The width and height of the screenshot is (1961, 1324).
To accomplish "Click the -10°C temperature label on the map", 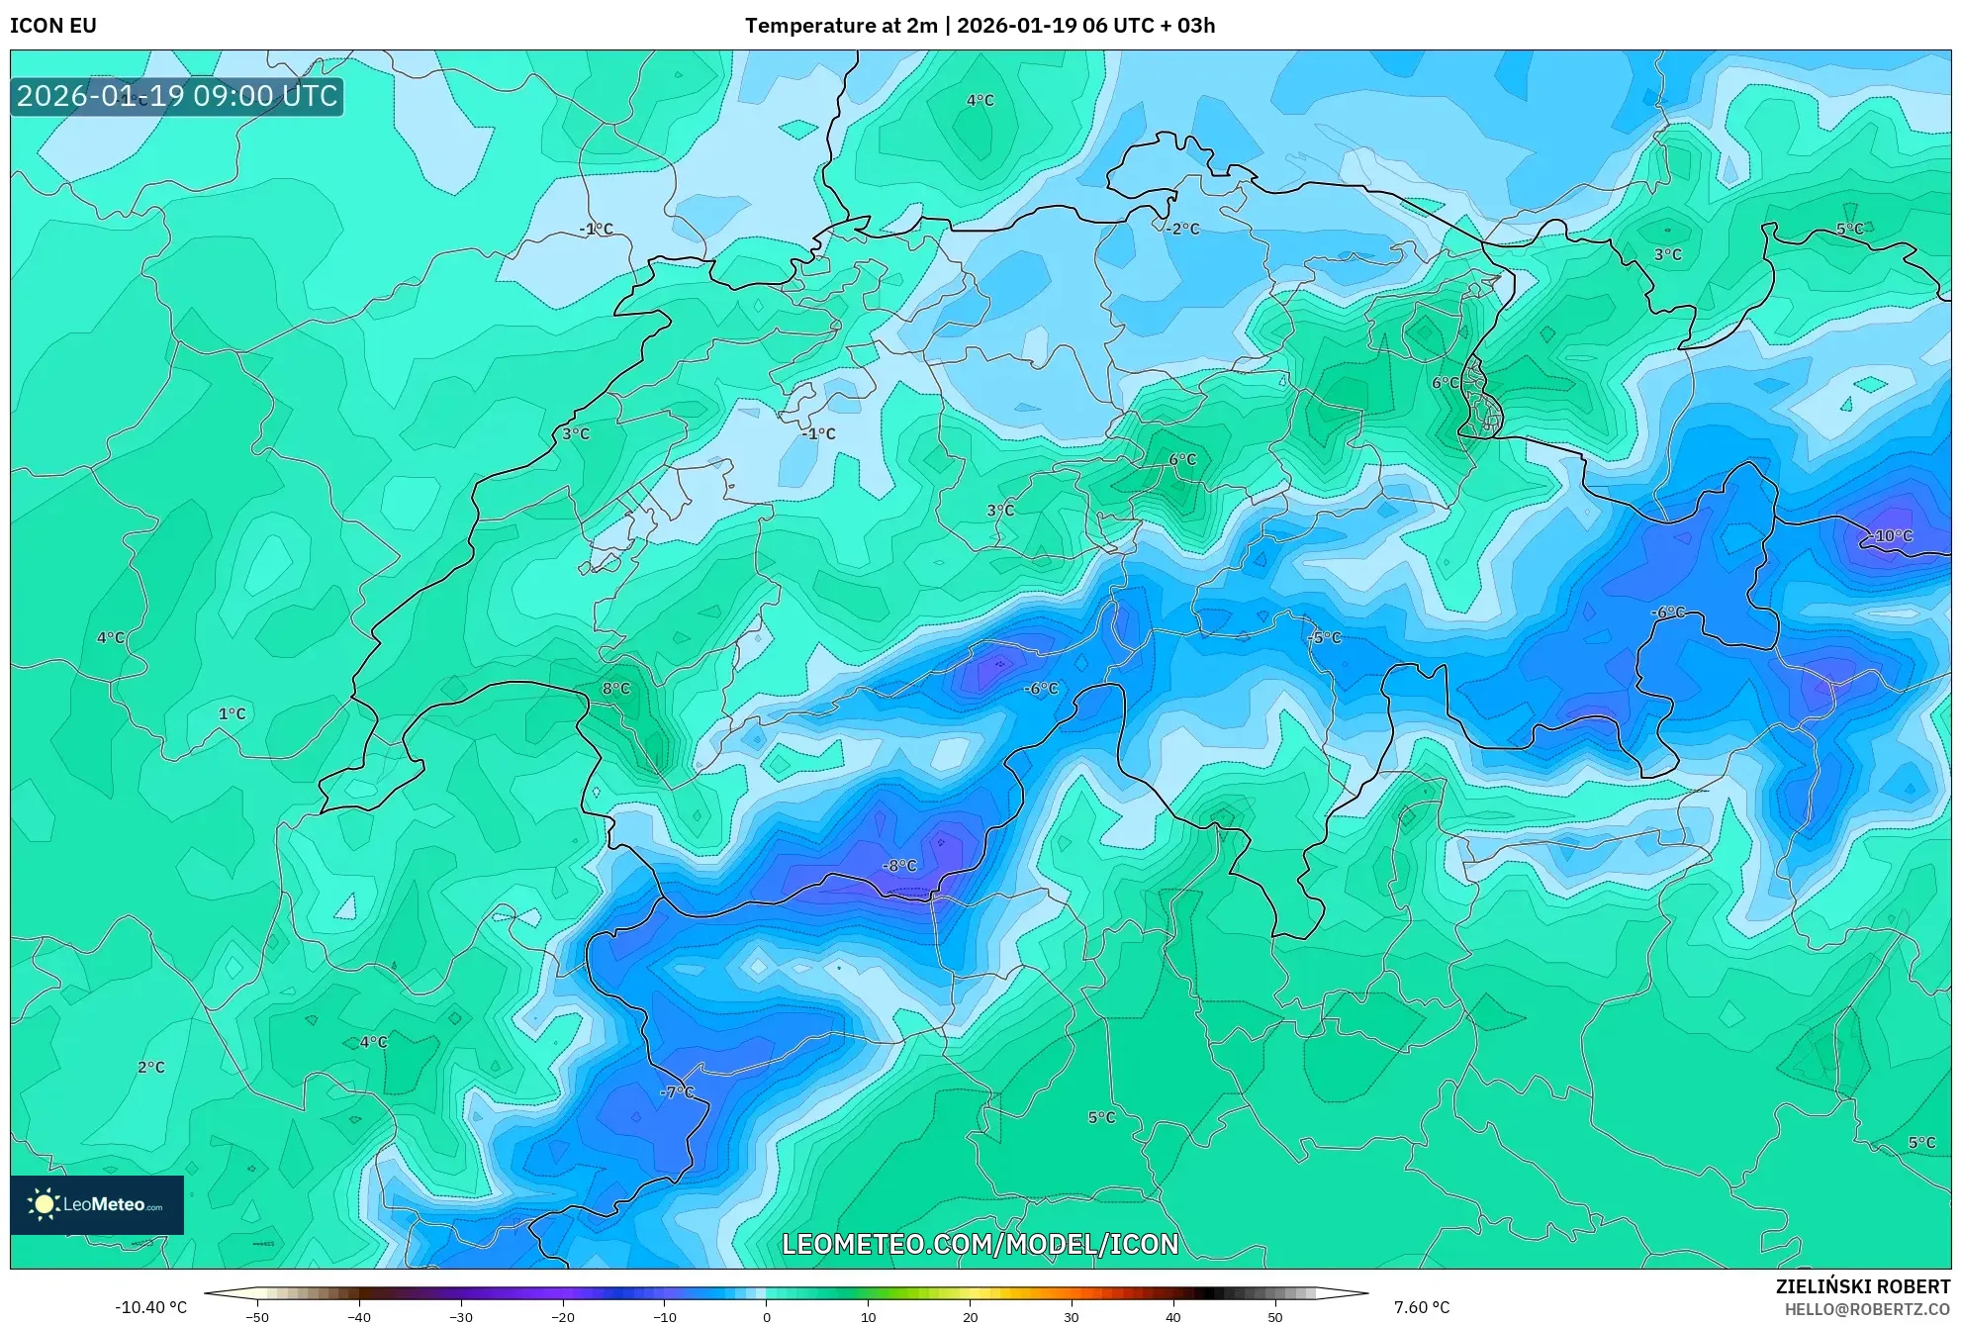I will [1892, 536].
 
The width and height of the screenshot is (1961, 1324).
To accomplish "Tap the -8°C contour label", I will [899, 866].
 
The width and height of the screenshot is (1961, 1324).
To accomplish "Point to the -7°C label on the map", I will [678, 1092].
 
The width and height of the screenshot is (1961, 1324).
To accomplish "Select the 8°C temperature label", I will [615, 689].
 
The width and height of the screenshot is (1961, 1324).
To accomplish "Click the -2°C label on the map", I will [1182, 229].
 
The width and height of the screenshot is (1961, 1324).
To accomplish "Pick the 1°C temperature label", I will [233, 713].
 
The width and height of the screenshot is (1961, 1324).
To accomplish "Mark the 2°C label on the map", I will [151, 1067].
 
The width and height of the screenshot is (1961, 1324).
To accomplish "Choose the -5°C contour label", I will [1325, 638].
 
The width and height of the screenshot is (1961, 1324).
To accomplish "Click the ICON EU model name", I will [53, 26].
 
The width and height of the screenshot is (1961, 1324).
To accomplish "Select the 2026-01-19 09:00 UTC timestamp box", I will [177, 96].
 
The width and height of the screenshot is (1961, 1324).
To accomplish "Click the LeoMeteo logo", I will [97, 1204].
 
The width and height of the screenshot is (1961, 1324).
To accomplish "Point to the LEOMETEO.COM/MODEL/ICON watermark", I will [980, 1244].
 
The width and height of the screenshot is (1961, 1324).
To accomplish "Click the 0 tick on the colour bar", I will [767, 1316].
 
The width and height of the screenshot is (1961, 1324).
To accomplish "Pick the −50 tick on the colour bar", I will [257, 1316].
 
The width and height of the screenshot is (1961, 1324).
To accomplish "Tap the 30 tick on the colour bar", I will [1072, 1316].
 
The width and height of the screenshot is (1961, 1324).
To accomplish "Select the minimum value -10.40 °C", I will [150, 1307].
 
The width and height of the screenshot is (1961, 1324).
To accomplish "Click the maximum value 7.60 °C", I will [1422, 1307].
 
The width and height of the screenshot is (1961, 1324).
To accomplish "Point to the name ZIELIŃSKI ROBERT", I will [1863, 1286].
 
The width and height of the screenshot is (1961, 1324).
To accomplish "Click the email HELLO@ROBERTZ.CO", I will [1867, 1309].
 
